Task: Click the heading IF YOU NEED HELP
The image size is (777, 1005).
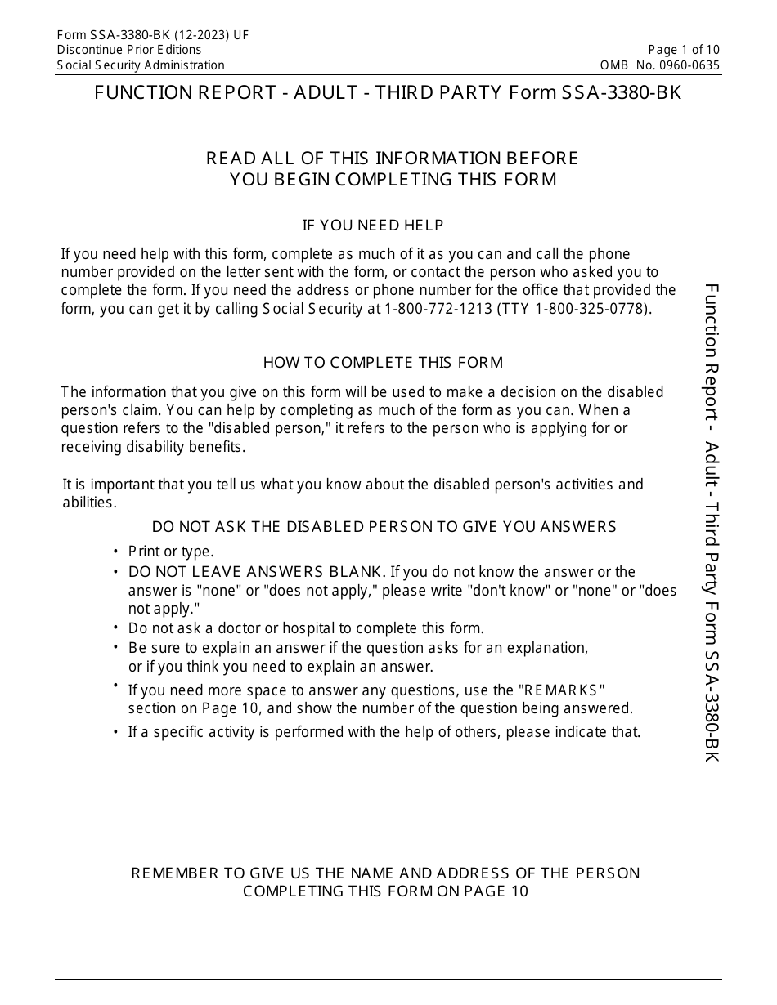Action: pos(373,226)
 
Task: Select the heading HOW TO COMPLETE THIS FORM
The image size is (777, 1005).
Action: pos(383,362)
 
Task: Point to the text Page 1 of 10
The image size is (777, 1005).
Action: pos(684,50)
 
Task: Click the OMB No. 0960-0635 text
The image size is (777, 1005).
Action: pos(660,65)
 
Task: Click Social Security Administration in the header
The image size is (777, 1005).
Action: pos(141,65)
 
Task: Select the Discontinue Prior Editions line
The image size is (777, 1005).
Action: pos(129,50)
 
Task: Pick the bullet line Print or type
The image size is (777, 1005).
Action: pos(171,552)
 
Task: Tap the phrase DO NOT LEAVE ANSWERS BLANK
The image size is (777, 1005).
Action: pos(256,571)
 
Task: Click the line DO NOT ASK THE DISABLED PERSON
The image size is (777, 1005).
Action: pos(384,527)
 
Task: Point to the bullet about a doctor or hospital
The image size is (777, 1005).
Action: pos(306,628)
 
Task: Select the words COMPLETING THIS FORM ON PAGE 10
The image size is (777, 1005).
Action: pos(385,891)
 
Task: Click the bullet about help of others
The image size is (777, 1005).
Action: pos(384,732)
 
